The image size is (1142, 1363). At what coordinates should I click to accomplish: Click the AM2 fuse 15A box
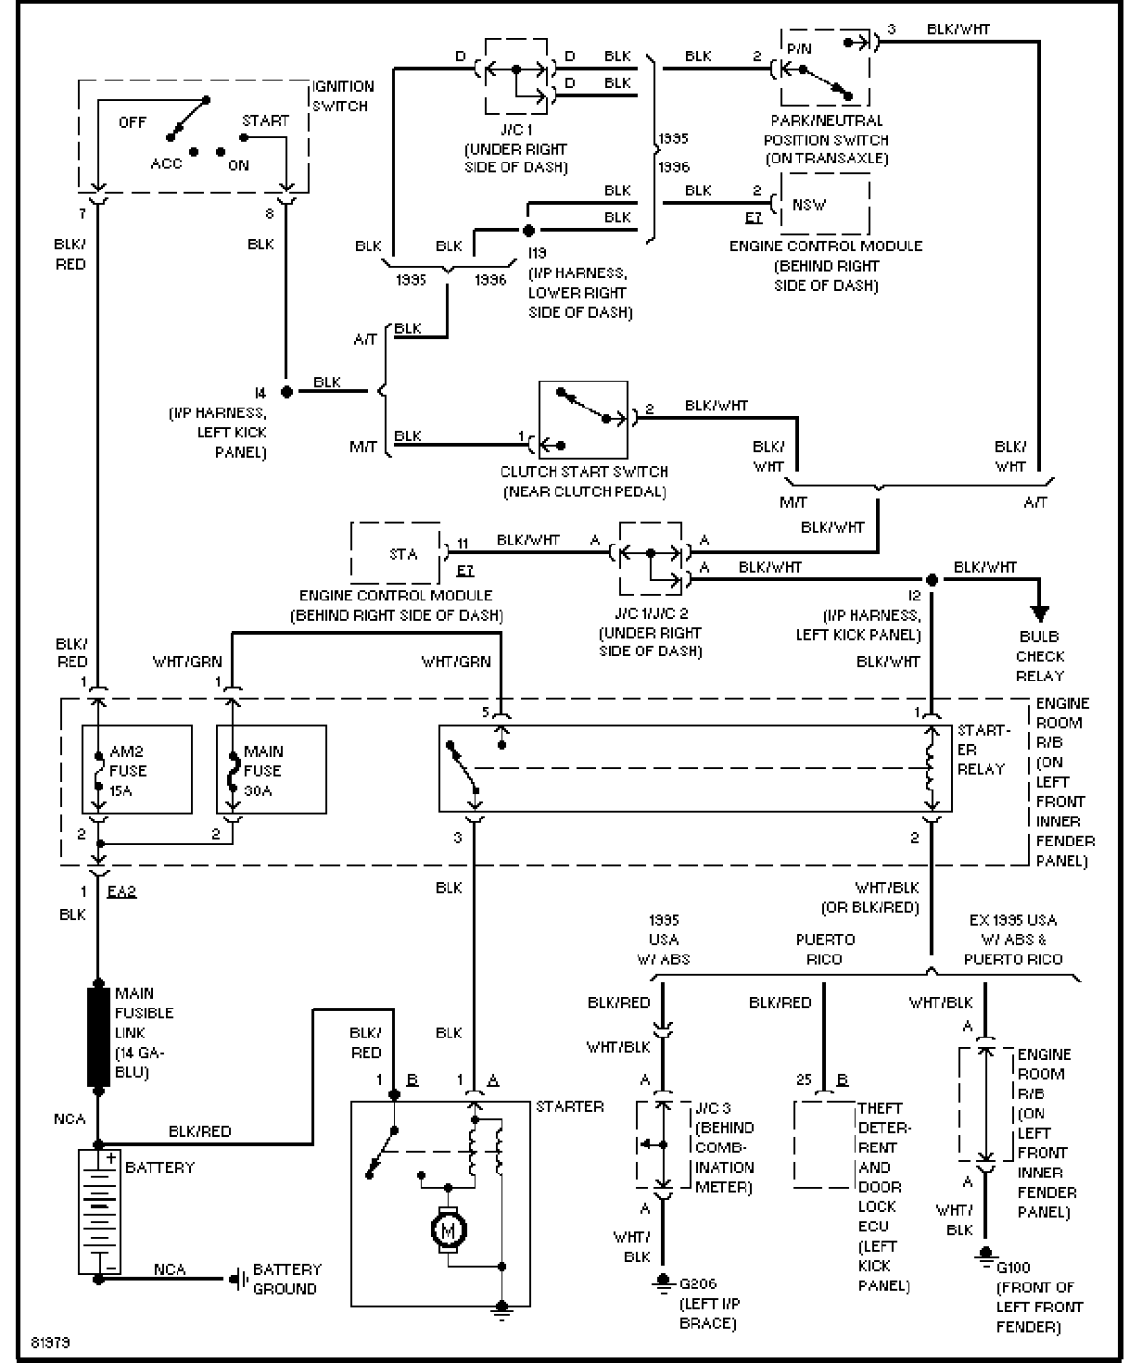point(137,769)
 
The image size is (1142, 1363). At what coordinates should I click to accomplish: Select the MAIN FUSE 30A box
point(271,769)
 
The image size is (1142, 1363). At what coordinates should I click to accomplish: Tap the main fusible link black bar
point(97,1036)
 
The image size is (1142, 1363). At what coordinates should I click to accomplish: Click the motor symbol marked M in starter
point(450,1230)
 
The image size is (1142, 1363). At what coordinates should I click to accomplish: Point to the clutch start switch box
point(583,419)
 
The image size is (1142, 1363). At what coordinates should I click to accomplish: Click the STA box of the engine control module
point(396,553)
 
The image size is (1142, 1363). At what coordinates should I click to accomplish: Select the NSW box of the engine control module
point(824,205)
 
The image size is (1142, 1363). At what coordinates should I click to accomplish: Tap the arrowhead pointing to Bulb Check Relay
point(1040,613)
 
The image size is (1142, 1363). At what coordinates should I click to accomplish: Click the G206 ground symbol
point(663,1283)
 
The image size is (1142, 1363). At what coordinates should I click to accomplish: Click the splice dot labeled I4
point(286,391)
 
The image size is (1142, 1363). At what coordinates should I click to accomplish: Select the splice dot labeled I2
point(932,580)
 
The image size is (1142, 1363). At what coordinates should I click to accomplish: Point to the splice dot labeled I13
point(528,230)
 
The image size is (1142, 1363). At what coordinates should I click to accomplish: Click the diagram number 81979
point(49,1342)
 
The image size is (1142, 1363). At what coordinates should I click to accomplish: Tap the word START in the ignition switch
point(265,120)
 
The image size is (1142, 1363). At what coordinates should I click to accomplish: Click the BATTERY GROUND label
point(286,1279)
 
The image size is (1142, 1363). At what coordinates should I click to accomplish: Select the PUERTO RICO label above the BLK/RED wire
point(824,949)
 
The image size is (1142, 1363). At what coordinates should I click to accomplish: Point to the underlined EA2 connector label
point(121,891)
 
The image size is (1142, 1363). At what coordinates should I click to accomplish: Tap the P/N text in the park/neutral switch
point(798,48)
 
